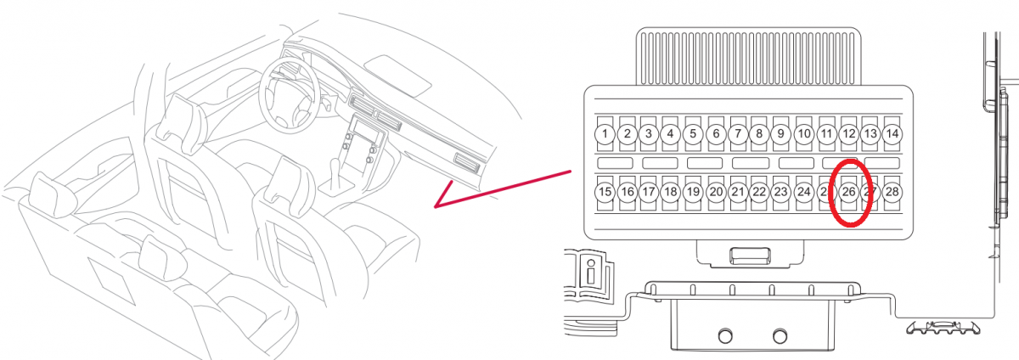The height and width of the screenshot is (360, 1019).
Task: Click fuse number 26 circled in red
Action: pos(848,193)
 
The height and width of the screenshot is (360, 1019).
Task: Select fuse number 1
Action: pos(605,133)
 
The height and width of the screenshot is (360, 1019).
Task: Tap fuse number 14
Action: pos(892,133)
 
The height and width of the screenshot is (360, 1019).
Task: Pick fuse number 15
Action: pos(605,193)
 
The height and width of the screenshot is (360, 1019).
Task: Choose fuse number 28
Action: pos(892,193)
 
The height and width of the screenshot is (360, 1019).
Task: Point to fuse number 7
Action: pos(737,133)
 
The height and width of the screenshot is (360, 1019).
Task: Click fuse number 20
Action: pos(716,193)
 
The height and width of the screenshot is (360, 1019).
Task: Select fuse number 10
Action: pos(803,133)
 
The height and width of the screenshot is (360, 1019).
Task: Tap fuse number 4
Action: pos(671,133)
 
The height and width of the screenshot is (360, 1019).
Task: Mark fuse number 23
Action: pos(781,193)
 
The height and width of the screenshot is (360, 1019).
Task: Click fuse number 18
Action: pos(671,193)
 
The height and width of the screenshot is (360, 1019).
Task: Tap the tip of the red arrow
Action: pos(435,206)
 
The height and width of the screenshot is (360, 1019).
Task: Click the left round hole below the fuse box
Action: pos(726,335)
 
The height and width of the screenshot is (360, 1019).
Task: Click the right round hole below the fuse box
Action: pos(780,335)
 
